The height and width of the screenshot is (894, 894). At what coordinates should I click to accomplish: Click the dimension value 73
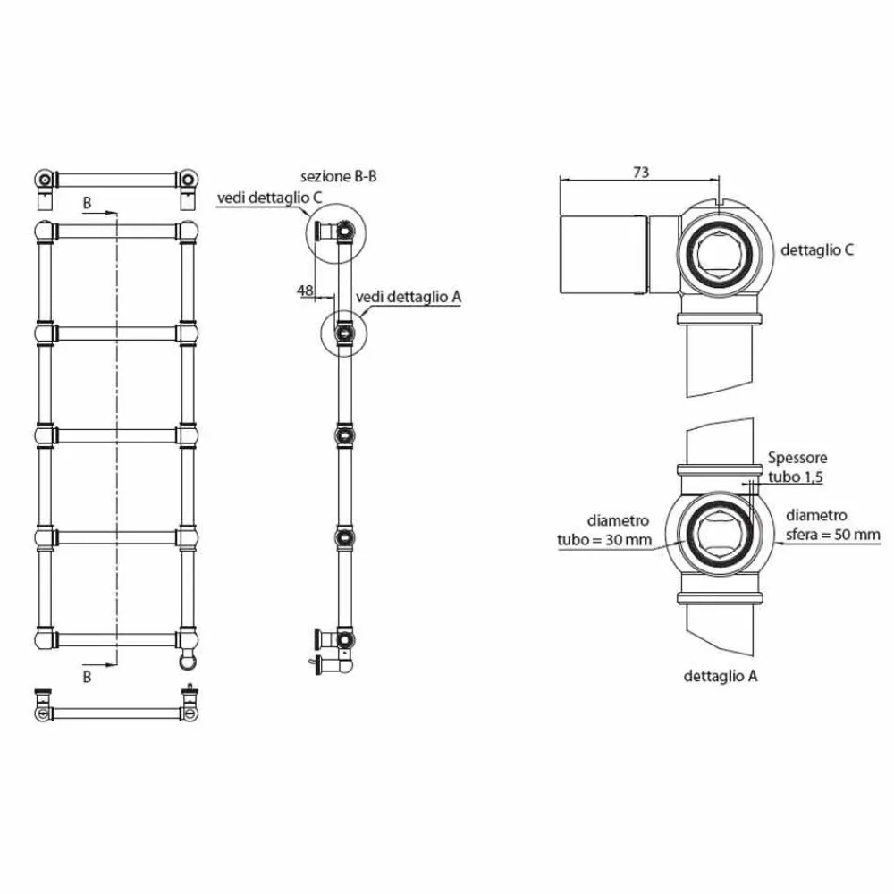pos(640,173)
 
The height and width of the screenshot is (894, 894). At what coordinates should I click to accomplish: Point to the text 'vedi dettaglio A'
pos(408,296)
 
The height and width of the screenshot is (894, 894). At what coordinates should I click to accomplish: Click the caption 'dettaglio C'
pos(817,249)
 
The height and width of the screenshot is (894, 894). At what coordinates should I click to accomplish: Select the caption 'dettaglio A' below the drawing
pos(721,677)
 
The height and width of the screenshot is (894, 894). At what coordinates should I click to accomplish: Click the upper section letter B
pos(87,204)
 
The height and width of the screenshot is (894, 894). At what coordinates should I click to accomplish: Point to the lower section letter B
pos(87,677)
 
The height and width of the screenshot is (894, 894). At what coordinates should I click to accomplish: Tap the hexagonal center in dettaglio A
pos(721,540)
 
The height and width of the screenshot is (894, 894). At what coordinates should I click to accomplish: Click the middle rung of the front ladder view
pos(116,434)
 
